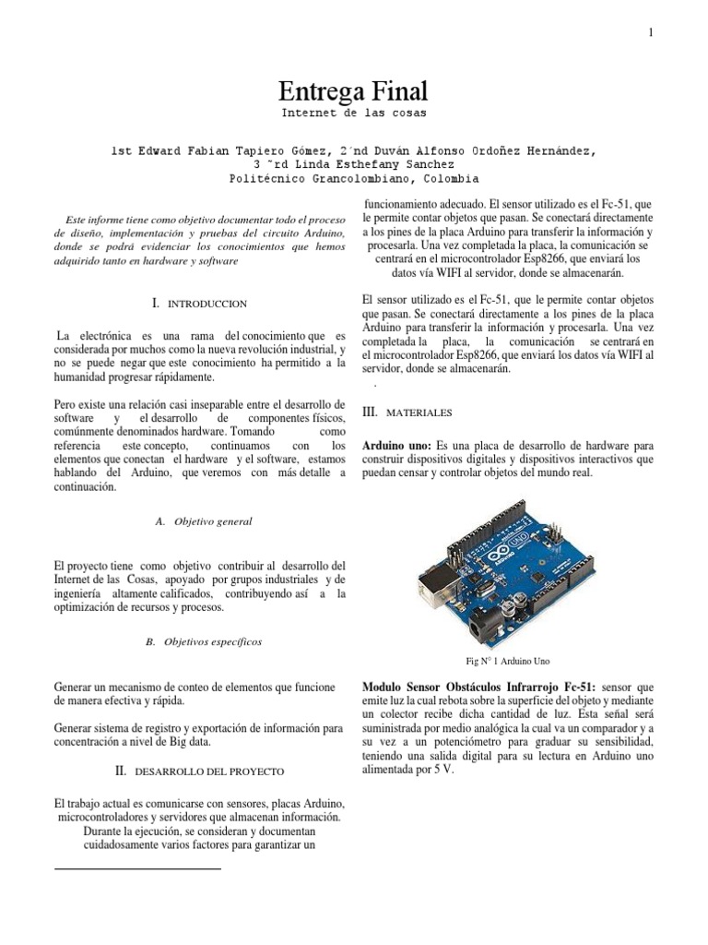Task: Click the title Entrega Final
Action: [354, 92]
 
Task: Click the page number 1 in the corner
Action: [651, 33]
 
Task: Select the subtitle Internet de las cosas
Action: [354, 114]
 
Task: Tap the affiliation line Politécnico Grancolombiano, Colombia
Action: [354, 179]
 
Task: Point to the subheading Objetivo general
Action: [204, 521]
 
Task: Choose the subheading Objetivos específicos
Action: [204, 640]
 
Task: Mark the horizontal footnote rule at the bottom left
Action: [138, 868]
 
